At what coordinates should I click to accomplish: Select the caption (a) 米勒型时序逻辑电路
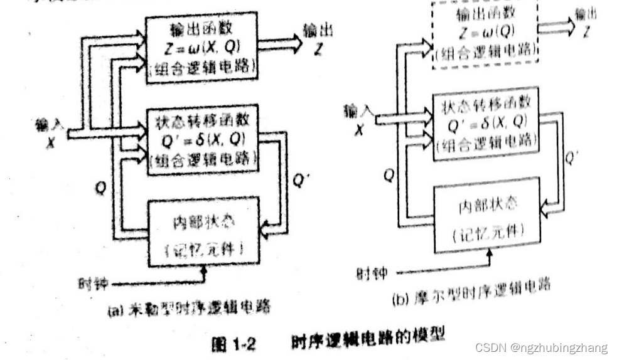point(189,307)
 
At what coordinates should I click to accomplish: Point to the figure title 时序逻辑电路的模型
point(368,339)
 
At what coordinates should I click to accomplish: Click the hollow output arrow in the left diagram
point(280,44)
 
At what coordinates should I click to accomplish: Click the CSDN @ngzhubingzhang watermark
point(541,347)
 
